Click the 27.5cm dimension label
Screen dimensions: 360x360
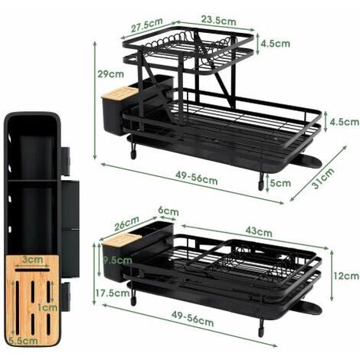click(146, 25)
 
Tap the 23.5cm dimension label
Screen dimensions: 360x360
click(218, 20)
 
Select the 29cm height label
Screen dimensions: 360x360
click(110, 74)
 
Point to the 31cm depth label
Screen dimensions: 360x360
click(323, 178)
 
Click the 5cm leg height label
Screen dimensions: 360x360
click(280, 183)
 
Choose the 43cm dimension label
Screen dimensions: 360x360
click(259, 231)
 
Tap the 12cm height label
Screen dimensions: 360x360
click(346, 276)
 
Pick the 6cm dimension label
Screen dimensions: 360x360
click(169, 211)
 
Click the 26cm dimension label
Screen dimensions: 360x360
click(126, 223)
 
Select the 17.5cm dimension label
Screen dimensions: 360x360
click(113, 293)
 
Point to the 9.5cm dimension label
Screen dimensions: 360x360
click(118, 260)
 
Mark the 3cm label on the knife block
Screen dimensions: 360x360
click(32, 260)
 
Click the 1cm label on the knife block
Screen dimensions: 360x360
click(47, 307)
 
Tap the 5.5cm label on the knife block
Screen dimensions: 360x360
click(23, 341)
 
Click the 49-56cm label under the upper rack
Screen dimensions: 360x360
click(196, 178)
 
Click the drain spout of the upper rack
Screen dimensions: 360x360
click(308, 161)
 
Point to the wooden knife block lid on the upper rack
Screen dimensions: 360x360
click(120, 92)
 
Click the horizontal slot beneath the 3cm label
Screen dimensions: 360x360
click(32, 270)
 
